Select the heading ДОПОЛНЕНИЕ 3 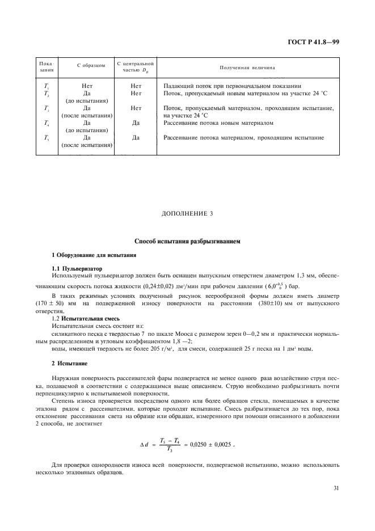187,213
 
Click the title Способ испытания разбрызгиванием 187,242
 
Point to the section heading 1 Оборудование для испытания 87,255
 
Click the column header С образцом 87,66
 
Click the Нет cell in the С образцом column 87,86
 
